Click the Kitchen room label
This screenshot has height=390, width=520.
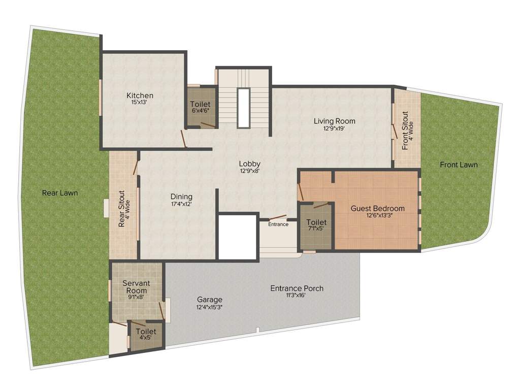[x=140, y=95]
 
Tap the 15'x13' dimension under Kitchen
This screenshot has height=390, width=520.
[x=140, y=103]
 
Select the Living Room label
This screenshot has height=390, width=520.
[x=334, y=121]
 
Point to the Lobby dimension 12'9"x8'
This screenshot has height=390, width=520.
[x=250, y=171]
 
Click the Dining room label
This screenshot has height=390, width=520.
[x=181, y=197]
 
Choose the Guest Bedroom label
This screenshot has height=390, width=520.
[x=378, y=208]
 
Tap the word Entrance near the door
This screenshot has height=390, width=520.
[x=278, y=224]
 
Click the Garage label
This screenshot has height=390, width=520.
[x=210, y=300]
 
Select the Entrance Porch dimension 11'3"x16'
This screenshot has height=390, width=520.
[x=297, y=296]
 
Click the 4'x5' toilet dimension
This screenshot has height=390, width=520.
[x=146, y=339]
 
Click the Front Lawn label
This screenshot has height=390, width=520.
[x=459, y=165]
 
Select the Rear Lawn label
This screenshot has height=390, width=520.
[x=60, y=192]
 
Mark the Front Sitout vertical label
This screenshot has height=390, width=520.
[x=407, y=131]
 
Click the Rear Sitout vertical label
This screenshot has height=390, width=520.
[x=124, y=209]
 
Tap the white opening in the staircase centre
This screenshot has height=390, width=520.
[x=243, y=108]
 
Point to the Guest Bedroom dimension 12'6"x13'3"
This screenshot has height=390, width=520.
[x=378, y=215]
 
